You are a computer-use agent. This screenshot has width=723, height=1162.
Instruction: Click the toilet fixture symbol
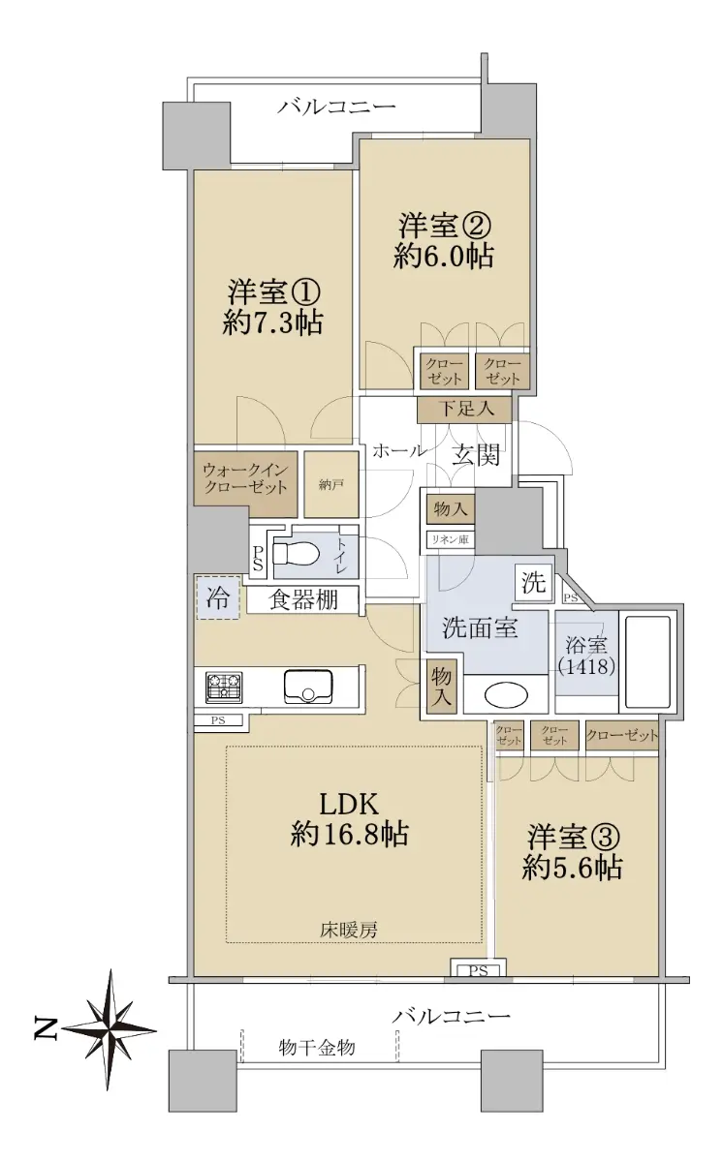point(295,554)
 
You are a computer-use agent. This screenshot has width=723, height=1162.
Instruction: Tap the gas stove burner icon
point(224,688)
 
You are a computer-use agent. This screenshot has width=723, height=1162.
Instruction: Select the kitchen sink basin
point(308,687)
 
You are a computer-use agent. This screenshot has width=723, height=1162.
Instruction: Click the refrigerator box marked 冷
point(218,597)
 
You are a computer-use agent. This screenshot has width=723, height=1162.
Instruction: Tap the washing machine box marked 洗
point(534,583)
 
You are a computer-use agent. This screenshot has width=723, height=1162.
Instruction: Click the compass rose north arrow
point(110,1029)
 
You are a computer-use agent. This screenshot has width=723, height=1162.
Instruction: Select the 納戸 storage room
point(331,484)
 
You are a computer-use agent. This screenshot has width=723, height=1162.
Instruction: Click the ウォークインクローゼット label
point(245,478)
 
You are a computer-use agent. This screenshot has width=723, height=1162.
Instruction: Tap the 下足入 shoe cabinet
point(467,409)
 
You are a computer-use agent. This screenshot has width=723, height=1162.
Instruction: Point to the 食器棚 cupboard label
point(303,599)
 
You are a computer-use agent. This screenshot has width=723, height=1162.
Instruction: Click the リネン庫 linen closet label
point(451,539)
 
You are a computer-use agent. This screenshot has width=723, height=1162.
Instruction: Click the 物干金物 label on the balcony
point(317,1047)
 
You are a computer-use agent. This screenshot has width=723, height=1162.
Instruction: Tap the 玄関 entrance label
point(476,454)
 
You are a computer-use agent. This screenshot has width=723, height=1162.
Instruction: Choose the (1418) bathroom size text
point(587,665)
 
